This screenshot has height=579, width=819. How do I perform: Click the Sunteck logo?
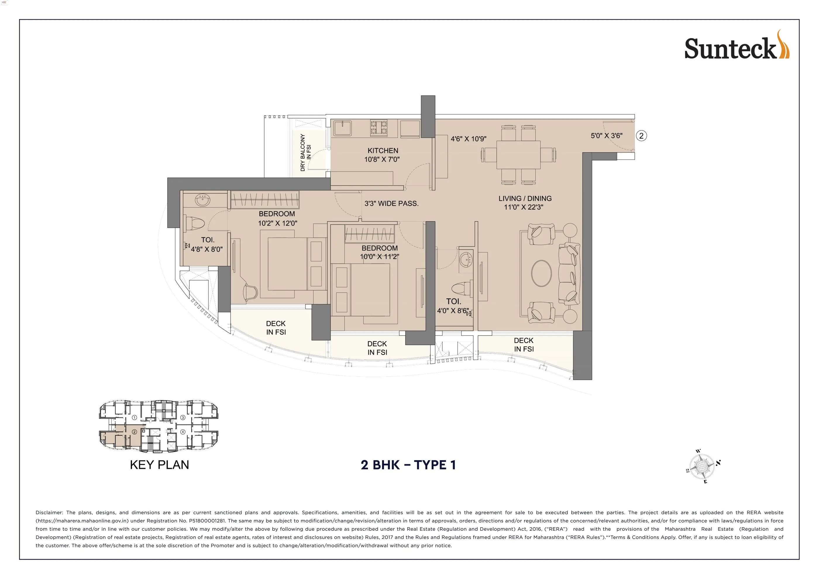[x=736, y=49]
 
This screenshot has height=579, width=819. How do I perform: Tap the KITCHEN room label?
[x=383, y=151]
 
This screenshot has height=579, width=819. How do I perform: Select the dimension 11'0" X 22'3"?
[x=523, y=207]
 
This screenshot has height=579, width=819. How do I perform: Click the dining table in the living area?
[x=518, y=155]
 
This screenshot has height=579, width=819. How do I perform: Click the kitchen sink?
[x=343, y=128]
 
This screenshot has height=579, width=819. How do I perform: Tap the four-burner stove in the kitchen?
[x=379, y=128]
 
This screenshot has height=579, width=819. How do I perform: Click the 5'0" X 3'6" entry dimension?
[x=606, y=135]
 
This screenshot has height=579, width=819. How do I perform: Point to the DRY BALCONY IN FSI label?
[x=305, y=152]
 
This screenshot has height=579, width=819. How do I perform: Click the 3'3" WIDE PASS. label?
[x=391, y=204]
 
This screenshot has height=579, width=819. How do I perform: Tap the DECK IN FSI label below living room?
[x=523, y=345]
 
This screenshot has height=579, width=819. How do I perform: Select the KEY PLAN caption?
[x=159, y=465]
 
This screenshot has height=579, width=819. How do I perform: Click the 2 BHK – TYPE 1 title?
[x=408, y=465]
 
